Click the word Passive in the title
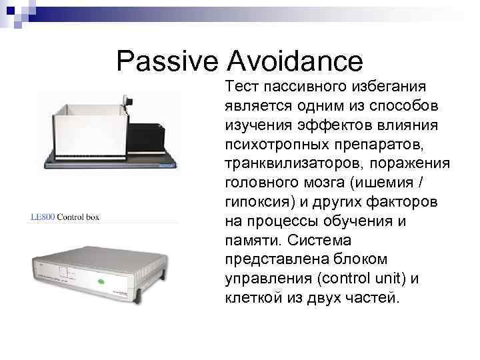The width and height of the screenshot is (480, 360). tap(167, 61)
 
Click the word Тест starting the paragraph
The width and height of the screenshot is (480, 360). tap(243, 87)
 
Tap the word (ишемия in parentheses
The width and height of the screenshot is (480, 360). tap(393, 183)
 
